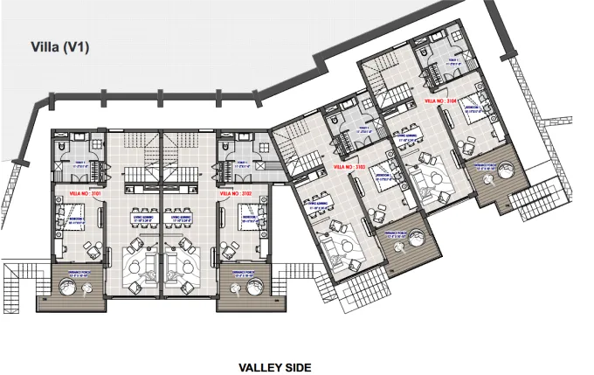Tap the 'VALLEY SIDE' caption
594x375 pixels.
click(x=274, y=368)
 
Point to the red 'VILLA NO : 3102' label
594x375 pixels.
click(x=235, y=191)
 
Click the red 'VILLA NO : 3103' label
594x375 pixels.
click(x=349, y=164)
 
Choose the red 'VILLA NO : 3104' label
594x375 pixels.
click(x=440, y=101)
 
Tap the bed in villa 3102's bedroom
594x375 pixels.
click(x=250, y=216)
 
